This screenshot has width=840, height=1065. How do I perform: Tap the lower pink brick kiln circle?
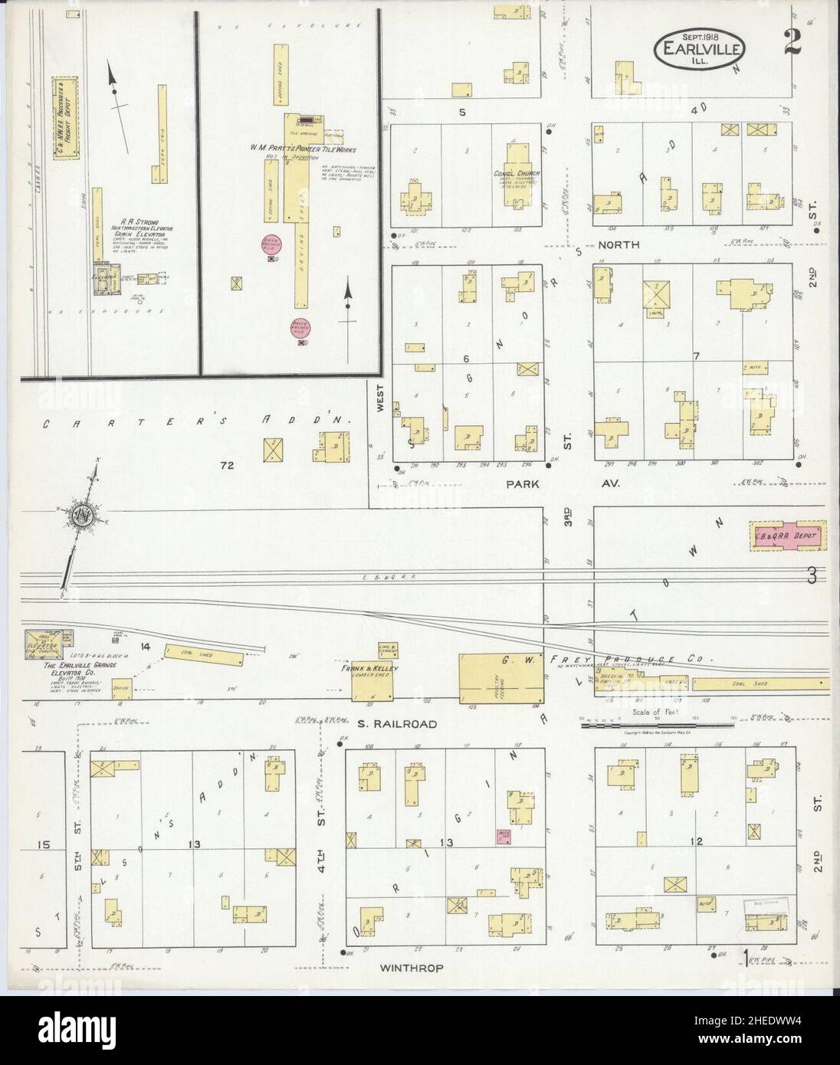pos(300,328)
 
